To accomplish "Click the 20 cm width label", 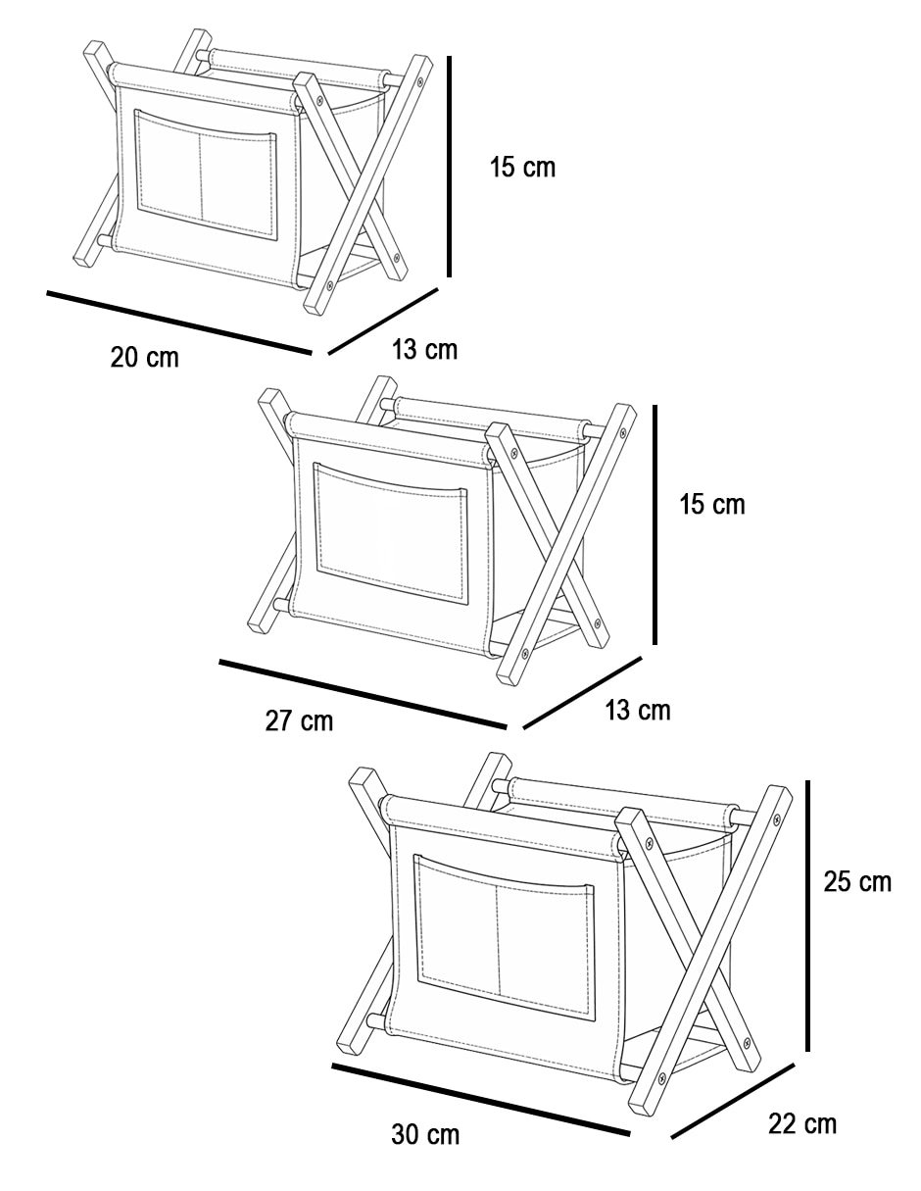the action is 145,358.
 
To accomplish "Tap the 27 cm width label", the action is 299,720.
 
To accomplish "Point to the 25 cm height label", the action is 857,881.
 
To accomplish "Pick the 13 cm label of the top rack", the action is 424,349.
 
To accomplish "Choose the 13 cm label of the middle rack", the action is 638,711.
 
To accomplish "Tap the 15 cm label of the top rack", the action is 522,167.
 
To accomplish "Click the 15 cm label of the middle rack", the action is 712,504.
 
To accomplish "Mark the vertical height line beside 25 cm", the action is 808,916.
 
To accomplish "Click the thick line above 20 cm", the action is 179,323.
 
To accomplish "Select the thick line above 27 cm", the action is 364,694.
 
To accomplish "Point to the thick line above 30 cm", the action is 481,1100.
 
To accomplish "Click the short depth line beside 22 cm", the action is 733,1101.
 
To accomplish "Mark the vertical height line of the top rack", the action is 449,166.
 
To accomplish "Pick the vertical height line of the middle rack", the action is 654,524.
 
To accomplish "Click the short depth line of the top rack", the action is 383,322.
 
